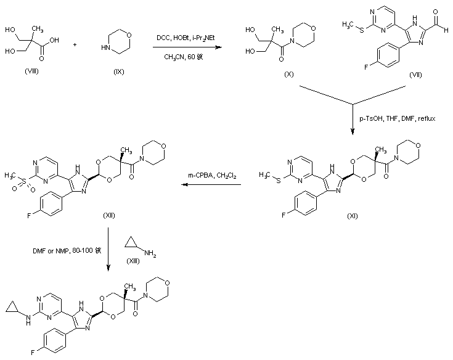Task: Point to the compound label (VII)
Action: click(417, 73)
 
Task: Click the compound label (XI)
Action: click(353, 216)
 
